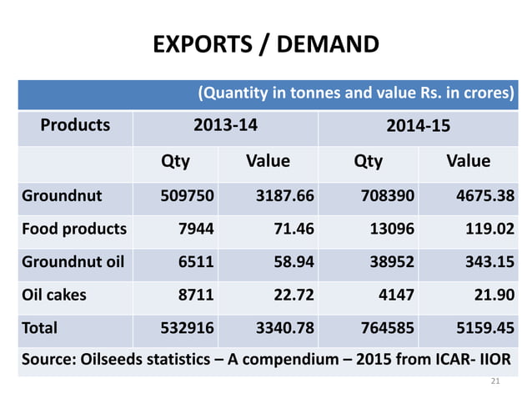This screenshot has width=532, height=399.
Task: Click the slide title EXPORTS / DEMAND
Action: pyautogui.click(x=266, y=43)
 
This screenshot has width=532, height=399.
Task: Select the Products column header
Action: pyautogui.click(x=75, y=125)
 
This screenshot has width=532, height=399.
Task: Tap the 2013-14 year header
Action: pyautogui.click(x=225, y=125)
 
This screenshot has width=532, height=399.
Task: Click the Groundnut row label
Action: pyautogui.click(x=62, y=196)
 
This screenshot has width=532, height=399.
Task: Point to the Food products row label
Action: pyautogui.click(x=74, y=229)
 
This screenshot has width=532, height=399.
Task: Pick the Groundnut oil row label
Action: pyautogui.click(x=73, y=261)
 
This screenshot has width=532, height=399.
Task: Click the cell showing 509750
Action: pyautogui.click(x=188, y=196)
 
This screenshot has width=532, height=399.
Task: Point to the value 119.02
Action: pyautogui.click(x=487, y=229)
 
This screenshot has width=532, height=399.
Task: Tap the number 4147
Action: pyautogui.click(x=394, y=294)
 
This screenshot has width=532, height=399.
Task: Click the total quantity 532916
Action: pyautogui.click(x=188, y=327)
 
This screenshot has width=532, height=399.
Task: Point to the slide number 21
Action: pyautogui.click(x=495, y=381)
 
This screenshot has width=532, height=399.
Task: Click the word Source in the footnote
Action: pyautogui.click(x=47, y=360)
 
